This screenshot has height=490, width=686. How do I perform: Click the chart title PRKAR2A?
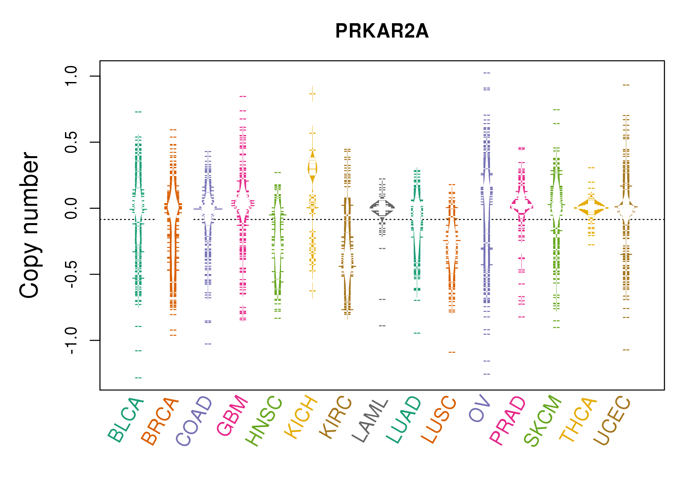[382, 31]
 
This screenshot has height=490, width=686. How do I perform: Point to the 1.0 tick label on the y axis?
[71, 76]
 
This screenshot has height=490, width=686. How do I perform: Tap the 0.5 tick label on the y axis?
[71, 142]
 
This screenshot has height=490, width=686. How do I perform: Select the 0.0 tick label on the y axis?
[71, 208]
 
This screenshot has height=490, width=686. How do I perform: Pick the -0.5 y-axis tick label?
[71, 274]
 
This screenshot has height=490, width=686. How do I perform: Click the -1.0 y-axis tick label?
[71, 340]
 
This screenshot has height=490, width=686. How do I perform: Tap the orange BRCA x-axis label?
[160, 421]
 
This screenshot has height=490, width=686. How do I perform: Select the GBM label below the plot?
[232, 415]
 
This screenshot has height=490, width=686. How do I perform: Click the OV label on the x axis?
[480, 408]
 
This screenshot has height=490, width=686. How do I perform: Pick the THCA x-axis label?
[578, 420]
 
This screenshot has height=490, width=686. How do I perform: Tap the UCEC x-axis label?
[612, 420]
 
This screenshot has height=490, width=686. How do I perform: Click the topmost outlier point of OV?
[487, 73]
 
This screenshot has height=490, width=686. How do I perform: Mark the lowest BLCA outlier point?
[138, 378]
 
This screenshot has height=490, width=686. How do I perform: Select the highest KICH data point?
[312, 94]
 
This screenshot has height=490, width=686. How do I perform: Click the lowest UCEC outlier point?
[626, 350]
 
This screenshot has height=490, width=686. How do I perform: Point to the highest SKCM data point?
[556, 110]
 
